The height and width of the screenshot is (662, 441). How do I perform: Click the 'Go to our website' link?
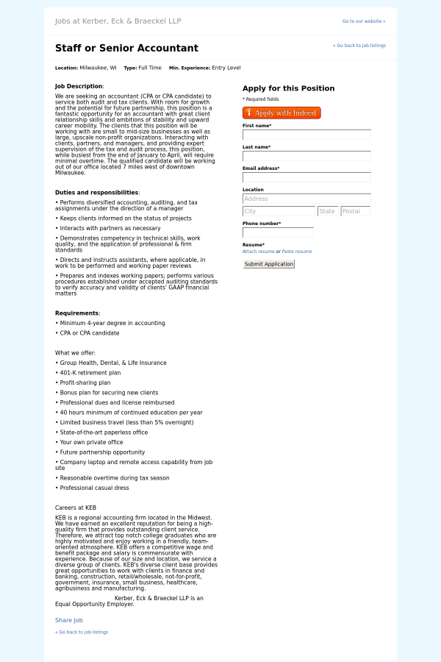[x=363, y=21]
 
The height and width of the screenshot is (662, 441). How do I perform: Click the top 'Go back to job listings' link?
[x=359, y=46]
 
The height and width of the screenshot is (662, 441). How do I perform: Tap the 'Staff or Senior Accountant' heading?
[x=126, y=49]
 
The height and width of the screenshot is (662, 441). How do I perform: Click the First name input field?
[x=306, y=135]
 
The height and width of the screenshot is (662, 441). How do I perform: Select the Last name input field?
[x=306, y=156]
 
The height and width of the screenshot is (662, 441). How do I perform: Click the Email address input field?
[x=306, y=177]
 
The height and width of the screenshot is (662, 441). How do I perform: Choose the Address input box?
[x=306, y=199]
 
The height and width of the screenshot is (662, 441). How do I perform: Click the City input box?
[x=279, y=211]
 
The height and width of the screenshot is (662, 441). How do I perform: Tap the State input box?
[x=328, y=211]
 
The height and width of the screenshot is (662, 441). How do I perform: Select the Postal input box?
[x=355, y=211]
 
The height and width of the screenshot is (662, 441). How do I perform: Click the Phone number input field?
[x=278, y=232]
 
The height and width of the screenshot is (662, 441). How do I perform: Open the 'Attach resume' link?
[x=258, y=252]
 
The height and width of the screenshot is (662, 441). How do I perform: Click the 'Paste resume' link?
[x=297, y=252]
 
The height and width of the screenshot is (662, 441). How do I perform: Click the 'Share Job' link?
[x=69, y=620]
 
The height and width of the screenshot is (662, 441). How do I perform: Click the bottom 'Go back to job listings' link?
[x=82, y=632]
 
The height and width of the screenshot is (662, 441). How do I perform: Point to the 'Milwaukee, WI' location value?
[x=98, y=68]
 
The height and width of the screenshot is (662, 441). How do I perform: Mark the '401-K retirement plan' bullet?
[x=90, y=373]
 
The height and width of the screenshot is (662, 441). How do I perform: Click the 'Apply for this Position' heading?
[x=288, y=88]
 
